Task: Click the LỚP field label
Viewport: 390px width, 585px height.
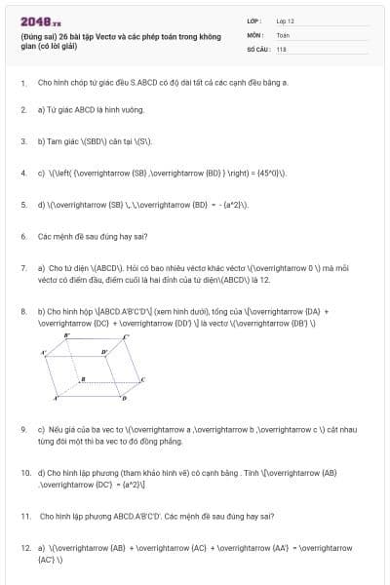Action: (253, 20)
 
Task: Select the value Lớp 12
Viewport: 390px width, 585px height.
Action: (285, 20)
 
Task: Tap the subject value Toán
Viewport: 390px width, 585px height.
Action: (283, 34)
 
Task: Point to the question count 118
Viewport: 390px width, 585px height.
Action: (281, 48)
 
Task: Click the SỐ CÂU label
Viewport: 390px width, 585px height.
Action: (256, 48)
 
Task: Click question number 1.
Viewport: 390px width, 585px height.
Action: (22, 83)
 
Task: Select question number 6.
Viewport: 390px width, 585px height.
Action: (22, 236)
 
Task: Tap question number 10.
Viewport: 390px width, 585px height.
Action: (24, 472)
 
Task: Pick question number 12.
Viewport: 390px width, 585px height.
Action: (24, 548)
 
